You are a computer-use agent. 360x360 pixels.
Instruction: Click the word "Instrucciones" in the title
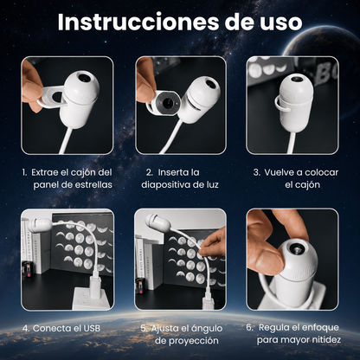click(x=138, y=22)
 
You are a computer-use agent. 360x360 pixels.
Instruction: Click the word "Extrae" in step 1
click(x=45, y=172)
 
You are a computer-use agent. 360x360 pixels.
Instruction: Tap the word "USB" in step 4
click(x=92, y=328)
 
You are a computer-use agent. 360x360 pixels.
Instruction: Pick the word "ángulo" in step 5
click(x=206, y=329)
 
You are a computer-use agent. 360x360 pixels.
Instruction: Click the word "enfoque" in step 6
click(x=322, y=328)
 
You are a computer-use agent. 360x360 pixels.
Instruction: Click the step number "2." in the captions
click(x=150, y=172)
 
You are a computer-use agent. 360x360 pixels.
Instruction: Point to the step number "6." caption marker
click(x=250, y=328)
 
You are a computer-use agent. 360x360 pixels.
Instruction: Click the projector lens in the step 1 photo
click(x=85, y=78)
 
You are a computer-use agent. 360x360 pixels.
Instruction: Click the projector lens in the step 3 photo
click(x=296, y=78)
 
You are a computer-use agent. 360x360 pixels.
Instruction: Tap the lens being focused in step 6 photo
click(x=296, y=247)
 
